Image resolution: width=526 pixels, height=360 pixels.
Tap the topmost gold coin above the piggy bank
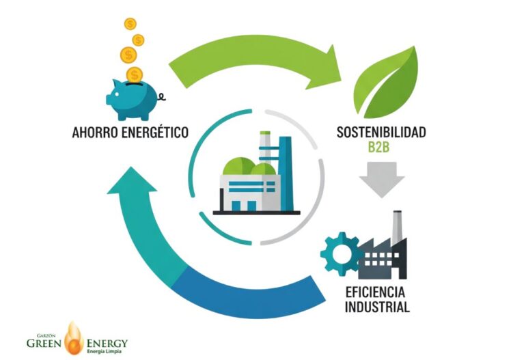pos(130,24)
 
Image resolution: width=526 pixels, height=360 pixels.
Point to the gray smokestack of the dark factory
pos(396,229)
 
